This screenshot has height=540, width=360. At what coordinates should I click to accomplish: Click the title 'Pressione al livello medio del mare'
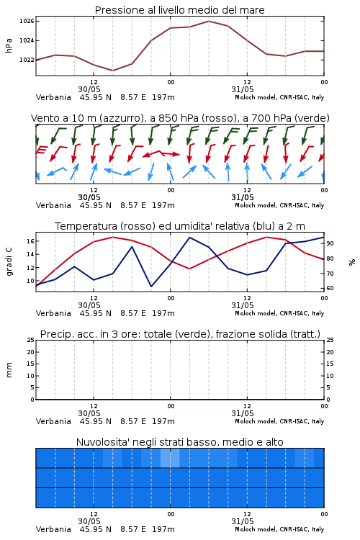pos(179,10)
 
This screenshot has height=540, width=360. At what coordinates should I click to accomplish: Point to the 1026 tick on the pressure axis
pos(27,22)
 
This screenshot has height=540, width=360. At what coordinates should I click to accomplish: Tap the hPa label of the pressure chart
pos(9,45)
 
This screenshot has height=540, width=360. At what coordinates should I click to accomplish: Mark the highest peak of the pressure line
pos(209,21)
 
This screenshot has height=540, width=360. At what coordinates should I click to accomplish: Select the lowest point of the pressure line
pos(112,71)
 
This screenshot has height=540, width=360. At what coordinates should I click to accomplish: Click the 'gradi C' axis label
pos(9,261)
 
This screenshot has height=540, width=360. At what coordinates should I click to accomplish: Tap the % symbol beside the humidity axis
pos(352,262)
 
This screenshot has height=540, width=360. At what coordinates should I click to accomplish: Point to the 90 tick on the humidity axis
pos(330,243)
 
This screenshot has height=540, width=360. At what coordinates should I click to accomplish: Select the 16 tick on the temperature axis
pos(30,241)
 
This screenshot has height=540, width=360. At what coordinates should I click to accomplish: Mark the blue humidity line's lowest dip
pos(151,287)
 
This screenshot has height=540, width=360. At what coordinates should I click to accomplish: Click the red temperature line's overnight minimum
pos(189,269)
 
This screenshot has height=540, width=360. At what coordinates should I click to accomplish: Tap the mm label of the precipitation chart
pos(9,370)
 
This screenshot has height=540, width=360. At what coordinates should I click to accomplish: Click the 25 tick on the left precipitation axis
pos(30,340)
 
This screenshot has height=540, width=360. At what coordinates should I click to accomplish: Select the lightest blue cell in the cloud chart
pos(170,458)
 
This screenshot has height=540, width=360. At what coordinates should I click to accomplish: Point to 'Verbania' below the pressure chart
pos(53,97)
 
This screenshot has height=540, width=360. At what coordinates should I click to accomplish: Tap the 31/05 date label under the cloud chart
pos(243,521)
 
